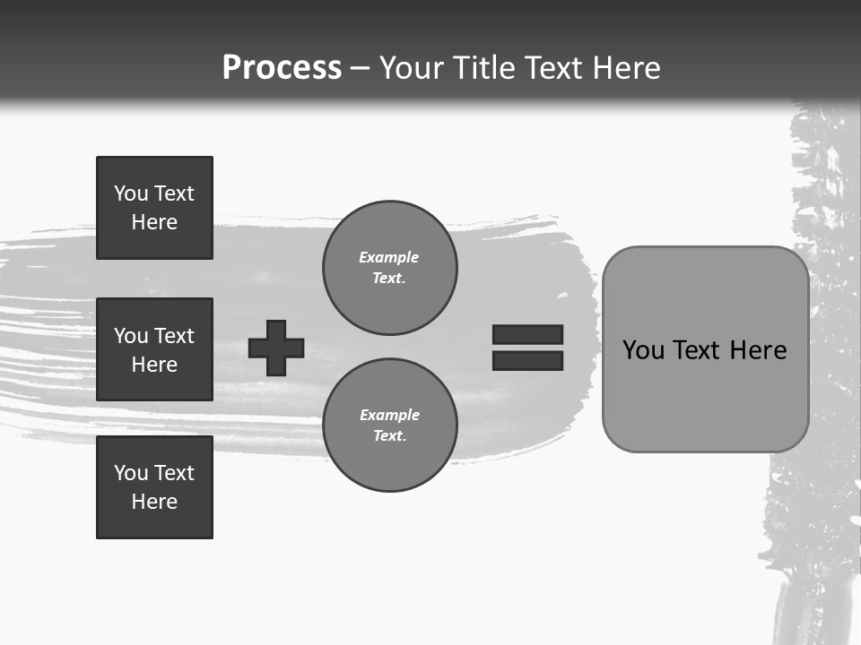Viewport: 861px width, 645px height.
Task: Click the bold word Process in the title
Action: [x=282, y=68]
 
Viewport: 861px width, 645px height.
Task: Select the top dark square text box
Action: [x=154, y=208]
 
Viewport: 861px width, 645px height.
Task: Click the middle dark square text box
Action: [x=154, y=349]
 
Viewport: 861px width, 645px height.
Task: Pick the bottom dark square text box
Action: [x=154, y=487]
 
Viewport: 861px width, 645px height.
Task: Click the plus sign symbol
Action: [x=276, y=348]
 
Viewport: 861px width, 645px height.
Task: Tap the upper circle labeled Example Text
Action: [x=389, y=267]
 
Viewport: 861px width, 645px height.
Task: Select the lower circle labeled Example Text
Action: [x=389, y=425]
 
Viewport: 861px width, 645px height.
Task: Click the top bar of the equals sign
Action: [x=527, y=334]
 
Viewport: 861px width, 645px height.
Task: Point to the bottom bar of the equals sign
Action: [x=527, y=361]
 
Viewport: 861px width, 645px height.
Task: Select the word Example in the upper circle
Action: [x=388, y=257]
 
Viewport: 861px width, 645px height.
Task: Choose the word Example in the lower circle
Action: [x=389, y=415]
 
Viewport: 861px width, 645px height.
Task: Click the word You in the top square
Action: [x=131, y=193]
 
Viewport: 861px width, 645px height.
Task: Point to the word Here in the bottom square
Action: [x=154, y=502]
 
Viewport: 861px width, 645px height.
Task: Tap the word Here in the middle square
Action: [x=154, y=365]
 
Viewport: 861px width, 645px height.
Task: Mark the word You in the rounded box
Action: [x=643, y=350]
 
